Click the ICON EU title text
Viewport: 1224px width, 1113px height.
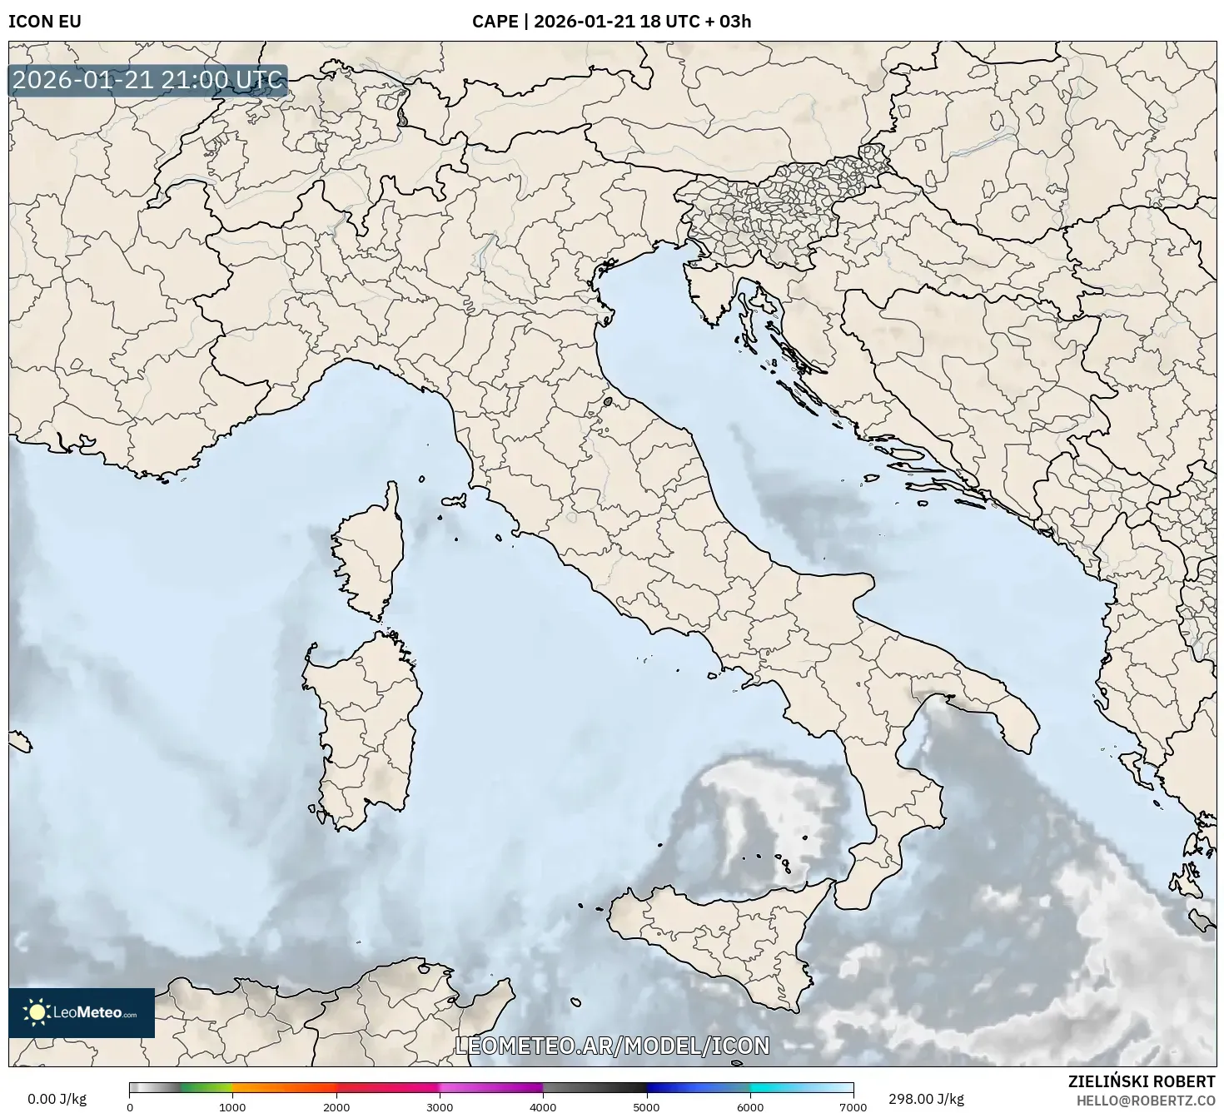44,22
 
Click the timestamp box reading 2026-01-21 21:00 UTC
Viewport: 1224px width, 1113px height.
148,81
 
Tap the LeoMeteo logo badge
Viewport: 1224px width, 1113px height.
82,1012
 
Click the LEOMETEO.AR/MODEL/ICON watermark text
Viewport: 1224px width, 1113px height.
612,1046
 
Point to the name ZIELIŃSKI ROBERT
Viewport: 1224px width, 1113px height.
1141,1081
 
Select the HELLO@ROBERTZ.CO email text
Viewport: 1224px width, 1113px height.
1145,1101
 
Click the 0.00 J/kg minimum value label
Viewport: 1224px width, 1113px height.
57,1099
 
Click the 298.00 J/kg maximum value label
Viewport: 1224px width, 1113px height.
926,1099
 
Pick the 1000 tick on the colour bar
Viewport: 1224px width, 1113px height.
232,1106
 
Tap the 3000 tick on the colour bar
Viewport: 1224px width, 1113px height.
440,1106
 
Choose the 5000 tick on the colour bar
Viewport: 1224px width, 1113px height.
646,1106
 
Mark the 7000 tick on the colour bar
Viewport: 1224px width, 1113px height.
853,1106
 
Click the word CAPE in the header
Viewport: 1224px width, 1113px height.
495,22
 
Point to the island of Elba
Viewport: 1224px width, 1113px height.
455,501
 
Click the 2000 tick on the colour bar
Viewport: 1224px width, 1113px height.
336,1106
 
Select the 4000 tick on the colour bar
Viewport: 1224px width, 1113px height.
543,1106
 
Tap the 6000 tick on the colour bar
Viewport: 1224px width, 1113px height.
749,1106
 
